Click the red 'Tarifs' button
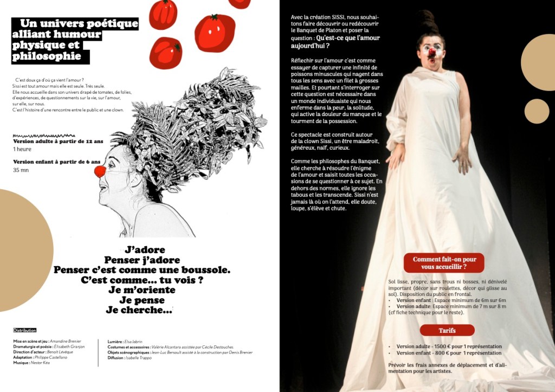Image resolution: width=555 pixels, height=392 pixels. (x=447, y=330)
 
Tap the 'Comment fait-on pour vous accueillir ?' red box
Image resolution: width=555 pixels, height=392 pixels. (x=444, y=263)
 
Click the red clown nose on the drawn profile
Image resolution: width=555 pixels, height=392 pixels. (x=100, y=172)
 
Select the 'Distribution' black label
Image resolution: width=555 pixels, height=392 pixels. (x=25, y=330)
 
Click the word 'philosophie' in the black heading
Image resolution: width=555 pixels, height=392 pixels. (x=47, y=56)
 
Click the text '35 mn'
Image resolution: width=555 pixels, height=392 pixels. (x=21, y=170)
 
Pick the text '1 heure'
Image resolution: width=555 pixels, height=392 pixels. (x=22, y=149)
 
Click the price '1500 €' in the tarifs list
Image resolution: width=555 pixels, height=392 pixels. (x=441, y=346)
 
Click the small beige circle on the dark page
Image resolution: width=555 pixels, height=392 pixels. (x=537, y=111)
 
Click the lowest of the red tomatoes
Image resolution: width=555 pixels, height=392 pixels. (x=165, y=53)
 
